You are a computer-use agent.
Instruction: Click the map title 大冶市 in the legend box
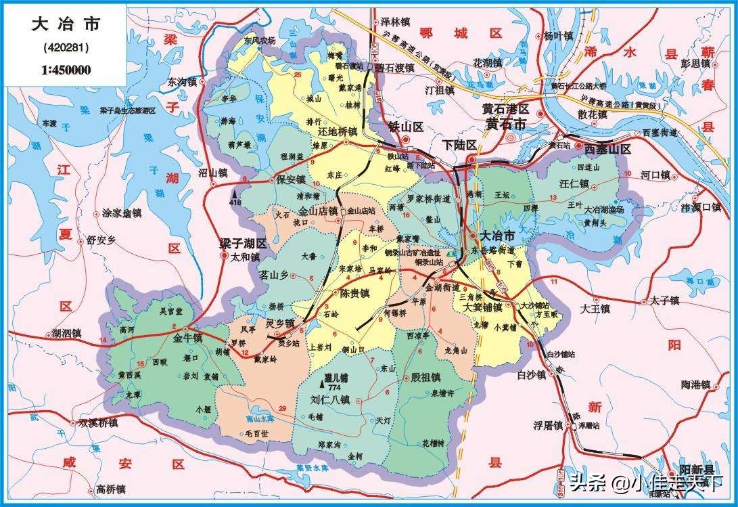(66, 26)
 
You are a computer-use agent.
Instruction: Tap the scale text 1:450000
(66, 69)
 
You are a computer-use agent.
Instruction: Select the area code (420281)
(66, 48)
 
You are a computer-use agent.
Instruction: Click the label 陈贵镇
(354, 294)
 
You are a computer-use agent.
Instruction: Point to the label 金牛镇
(187, 338)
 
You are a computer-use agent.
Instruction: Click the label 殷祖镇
(425, 378)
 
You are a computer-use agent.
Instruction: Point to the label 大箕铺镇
(482, 307)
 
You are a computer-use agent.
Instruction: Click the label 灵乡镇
(279, 323)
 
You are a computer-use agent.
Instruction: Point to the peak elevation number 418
(235, 202)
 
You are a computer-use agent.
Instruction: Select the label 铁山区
(405, 127)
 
